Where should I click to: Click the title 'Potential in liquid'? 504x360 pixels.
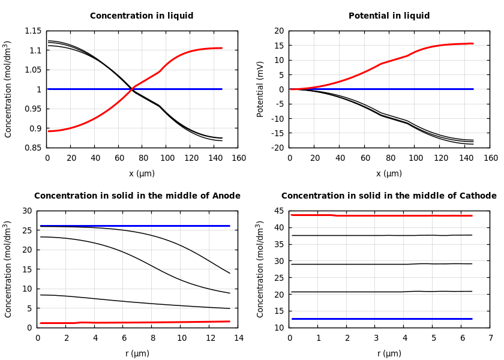click(x=389, y=16)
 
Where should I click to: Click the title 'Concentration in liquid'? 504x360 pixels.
click(x=142, y=16)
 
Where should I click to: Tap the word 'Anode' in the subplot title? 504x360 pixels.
click(x=227, y=196)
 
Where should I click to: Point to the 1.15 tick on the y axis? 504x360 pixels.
click(x=32, y=31)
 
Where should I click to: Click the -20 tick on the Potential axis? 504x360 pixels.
click(x=277, y=148)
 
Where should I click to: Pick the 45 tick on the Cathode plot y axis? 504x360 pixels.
click(x=278, y=211)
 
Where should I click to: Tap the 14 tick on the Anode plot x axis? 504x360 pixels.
click(x=238, y=338)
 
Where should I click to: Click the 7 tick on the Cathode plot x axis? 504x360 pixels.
click(x=490, y=338)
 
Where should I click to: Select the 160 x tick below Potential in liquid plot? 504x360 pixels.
click(x=490, y=158)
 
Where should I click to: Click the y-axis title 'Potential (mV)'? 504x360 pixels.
click(x=260, y=89)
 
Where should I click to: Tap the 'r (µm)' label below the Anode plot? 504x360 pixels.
click(x=137, y=353)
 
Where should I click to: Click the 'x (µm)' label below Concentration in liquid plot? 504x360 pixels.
click(x=142, y=173)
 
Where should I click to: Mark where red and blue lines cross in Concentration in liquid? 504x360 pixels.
click(x=131, y=89)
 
